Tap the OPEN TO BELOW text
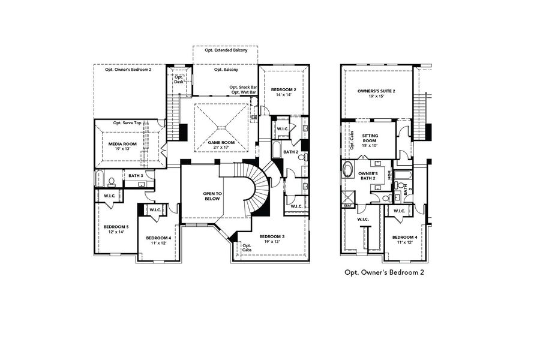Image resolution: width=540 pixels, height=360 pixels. [212, 197]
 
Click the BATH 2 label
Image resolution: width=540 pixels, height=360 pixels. [291, 152]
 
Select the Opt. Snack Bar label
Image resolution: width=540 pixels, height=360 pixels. [243, 88]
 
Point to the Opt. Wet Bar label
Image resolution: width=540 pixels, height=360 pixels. [243, 93]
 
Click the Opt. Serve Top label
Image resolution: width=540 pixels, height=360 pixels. [127, 122]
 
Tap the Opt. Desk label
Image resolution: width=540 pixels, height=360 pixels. [178, 79]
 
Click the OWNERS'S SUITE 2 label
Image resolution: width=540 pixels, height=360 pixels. [376, 91]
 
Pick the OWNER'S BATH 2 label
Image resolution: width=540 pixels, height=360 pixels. [367, 176]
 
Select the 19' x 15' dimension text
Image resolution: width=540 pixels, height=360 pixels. [376, 97]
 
